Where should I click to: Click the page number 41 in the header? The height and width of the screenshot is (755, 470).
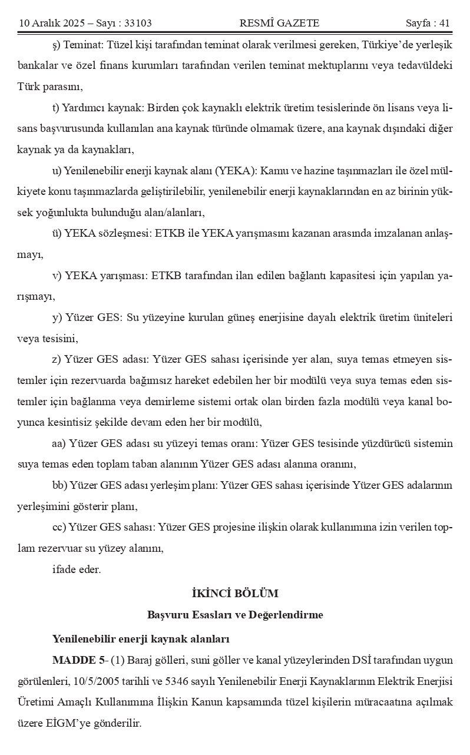[x=443, y=24]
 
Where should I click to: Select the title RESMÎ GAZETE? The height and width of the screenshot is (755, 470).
[x=279, y=24]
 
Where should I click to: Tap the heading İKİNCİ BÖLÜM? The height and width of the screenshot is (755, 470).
[x=235, y=593]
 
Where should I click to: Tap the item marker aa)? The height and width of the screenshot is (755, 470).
[x=59, y=443]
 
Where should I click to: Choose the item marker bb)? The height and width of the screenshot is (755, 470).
[x=59, y=485]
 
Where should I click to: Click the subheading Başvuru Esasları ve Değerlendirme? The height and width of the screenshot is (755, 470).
[x=235, y=615]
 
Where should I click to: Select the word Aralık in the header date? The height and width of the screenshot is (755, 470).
[x=48, y=24]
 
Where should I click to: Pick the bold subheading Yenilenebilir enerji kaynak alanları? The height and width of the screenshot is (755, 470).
[x=141, y=638]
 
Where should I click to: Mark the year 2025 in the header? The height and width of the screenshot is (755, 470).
[x=77, y=24]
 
